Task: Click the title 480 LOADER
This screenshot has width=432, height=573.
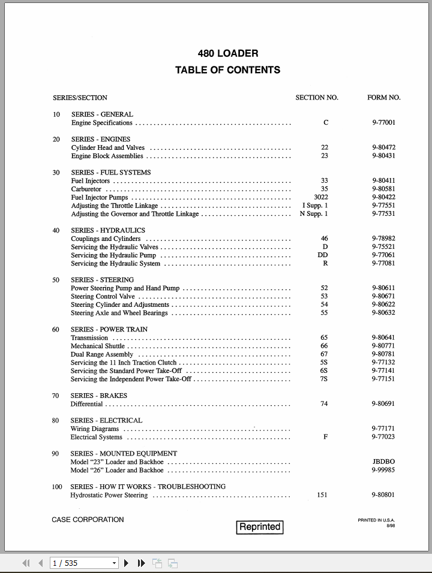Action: tap(228, 53)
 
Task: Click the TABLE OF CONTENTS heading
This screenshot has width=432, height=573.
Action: tap(227, 70)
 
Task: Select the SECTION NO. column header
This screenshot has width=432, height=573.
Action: tap(317, 97)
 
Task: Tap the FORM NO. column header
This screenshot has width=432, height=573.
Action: tap(383, 97)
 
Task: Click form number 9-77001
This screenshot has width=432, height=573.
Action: tap(383, 123)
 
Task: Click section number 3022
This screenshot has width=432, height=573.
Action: tap(321, 197)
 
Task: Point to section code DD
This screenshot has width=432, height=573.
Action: tap(323, 255)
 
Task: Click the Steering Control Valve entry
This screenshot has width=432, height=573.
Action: tap(103, 296)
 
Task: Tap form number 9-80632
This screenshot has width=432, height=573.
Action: tap(383, 313)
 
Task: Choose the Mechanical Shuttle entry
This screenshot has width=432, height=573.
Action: tap(98, 346)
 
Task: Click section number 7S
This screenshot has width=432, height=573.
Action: tap(324, 379)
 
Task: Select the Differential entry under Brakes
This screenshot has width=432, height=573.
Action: tap(86, 404)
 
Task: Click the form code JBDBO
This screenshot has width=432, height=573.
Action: tap(383, 462)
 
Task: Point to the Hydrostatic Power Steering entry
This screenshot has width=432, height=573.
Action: tap(109, 495)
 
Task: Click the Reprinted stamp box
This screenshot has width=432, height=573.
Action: tap(260, 527)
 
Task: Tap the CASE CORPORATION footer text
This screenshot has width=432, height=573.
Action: tap(88, 520)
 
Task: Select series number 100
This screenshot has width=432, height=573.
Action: tap(57, 487)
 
